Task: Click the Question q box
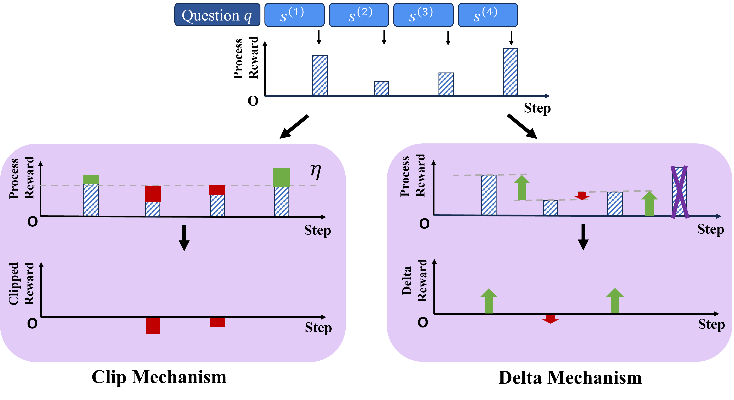pos(217,15)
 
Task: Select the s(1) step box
pos(294,15)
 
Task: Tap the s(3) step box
pos(423,15)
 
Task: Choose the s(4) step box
pos(488,15)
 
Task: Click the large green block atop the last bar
pos(281,177)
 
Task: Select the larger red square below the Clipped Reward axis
pos(153,326)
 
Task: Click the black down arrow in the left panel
pos(184,238)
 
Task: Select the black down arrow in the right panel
pos(583,237)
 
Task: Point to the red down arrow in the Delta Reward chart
pos(550,319)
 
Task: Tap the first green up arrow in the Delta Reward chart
pos(489,301)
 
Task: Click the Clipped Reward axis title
pos(21,284)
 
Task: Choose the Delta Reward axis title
pos(414,280)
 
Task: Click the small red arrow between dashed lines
pos(582,196)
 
